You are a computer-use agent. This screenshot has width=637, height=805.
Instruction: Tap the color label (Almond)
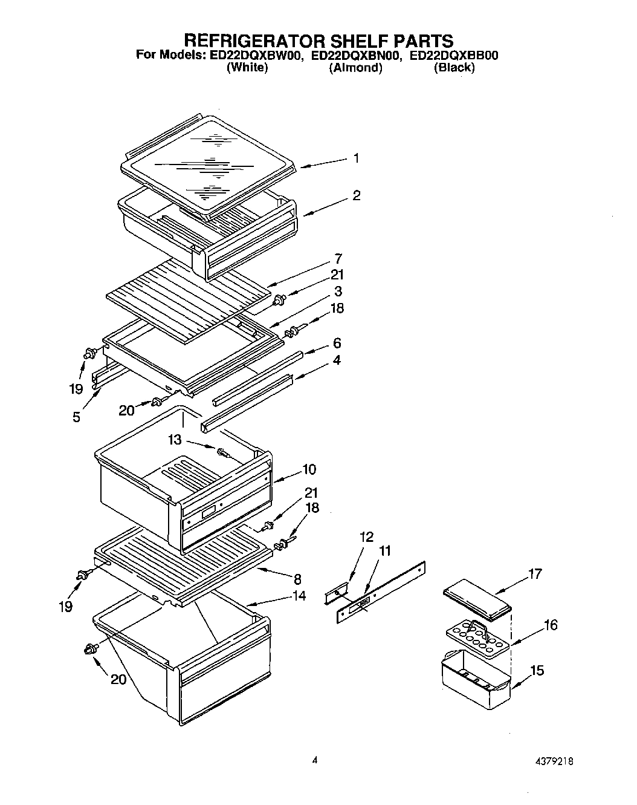pyautogui.click(x=355, y=68)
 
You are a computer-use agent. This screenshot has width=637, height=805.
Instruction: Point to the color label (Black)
pyautogui.click(x=454, y=68)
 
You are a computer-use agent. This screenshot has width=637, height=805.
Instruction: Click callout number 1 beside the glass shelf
pyautogui.click(x=356, y=158)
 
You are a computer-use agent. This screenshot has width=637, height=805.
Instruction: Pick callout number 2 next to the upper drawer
pyautogui.click(x=356, y=195)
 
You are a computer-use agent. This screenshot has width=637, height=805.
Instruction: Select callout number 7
pyautogui.click(x=338, y=259)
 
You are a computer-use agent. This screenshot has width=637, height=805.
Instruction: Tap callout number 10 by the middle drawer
pyautogui.click(x=309, y=469)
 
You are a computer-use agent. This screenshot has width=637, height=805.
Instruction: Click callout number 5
pyautogui.click(x=76, y=417)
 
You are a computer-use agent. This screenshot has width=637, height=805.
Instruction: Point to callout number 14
pyautogui.click(x=298, y=596)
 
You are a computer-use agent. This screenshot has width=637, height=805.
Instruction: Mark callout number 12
pyautogui.click(x=367, y=537)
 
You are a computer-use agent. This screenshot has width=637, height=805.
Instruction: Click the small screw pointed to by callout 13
pyautogui.click(x=223, y=452)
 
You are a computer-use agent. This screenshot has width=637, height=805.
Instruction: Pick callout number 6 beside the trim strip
pyautogui.click(x=337, y=343)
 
